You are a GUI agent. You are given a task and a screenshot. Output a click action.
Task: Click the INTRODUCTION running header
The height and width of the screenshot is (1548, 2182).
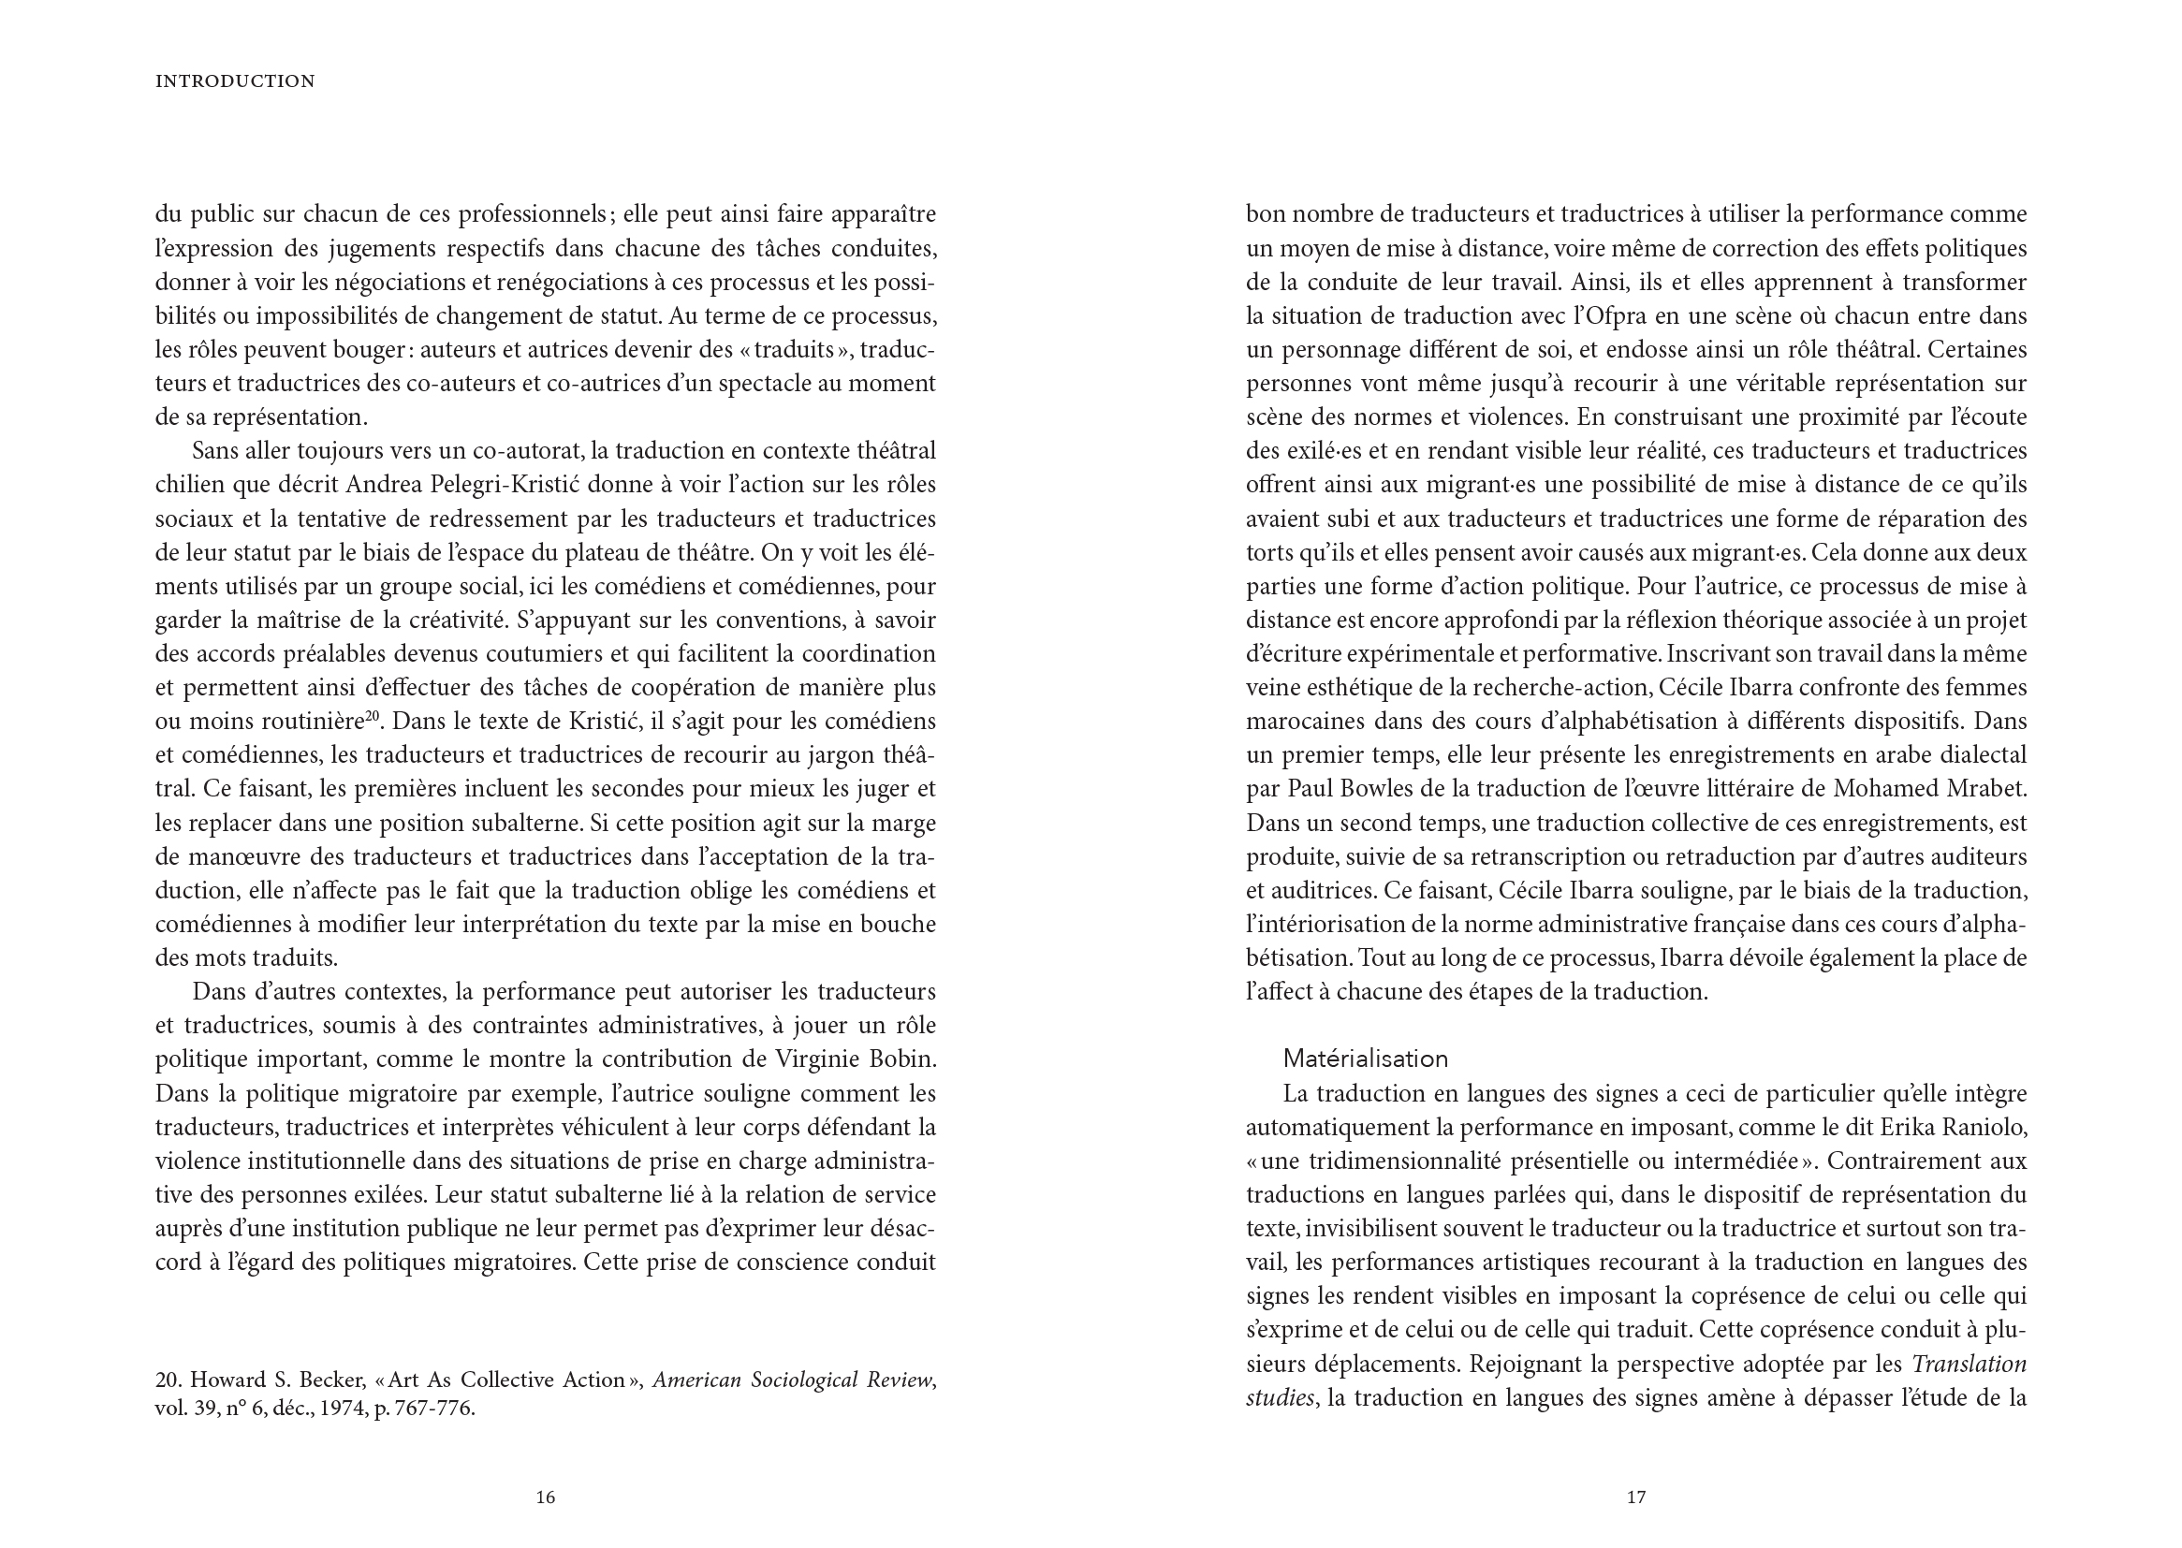235,82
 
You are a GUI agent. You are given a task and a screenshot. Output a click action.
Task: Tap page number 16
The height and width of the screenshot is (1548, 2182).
545,1497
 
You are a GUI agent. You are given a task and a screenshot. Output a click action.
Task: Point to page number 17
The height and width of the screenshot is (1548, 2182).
1635,1497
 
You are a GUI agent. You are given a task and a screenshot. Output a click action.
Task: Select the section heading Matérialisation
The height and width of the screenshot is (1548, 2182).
1365,1059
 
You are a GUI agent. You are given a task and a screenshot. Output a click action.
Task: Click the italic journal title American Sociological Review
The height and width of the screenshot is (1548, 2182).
793,1380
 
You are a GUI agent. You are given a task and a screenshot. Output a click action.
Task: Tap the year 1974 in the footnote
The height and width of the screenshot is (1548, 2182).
342,1408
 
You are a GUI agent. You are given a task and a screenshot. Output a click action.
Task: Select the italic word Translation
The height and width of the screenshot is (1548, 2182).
1969,1364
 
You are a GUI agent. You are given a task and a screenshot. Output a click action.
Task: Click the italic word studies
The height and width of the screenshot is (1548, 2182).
1281,1398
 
